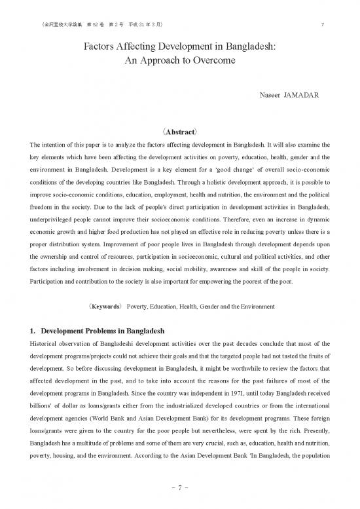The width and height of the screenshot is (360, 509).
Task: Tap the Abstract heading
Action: [180, 129]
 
